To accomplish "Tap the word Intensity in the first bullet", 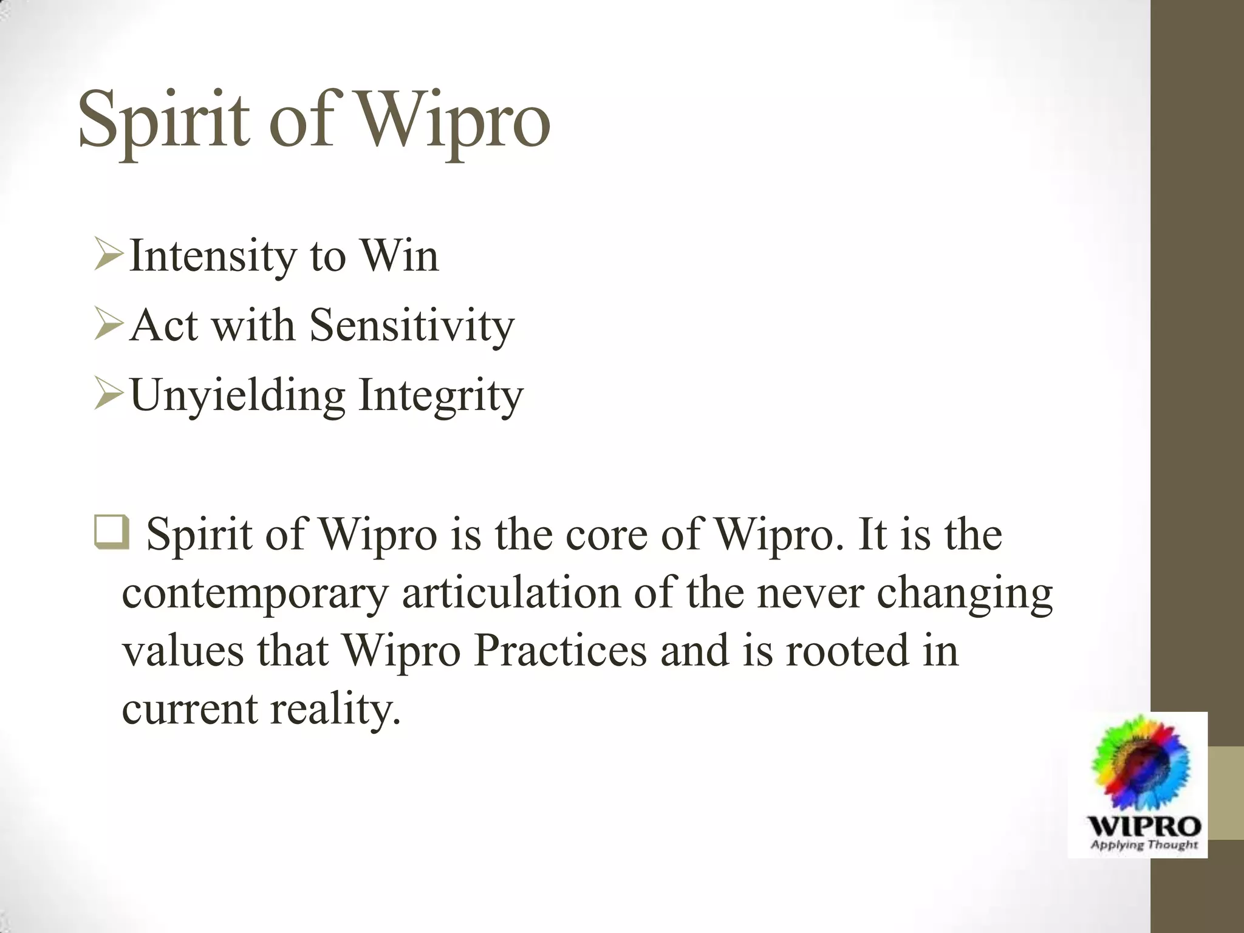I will (x=213, y=257).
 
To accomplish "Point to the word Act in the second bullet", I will (x=164, y=326).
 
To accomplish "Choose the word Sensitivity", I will (x=412, y=327).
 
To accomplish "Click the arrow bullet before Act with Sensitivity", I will (x=109, y=326).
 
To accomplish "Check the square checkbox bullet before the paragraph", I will (x=111, y=532).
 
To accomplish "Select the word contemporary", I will (x=255, y=595).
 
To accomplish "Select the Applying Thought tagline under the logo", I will (x=1144, y=844).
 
